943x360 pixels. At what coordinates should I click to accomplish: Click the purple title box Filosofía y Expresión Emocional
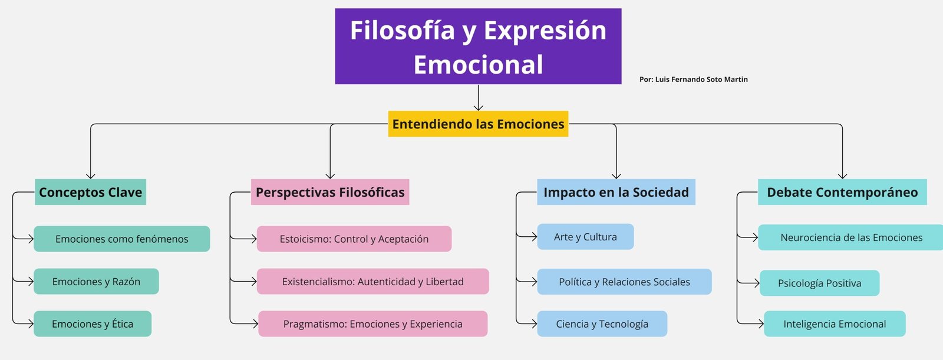coord(478,47)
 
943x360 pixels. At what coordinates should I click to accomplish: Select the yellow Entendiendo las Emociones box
coord(478,124)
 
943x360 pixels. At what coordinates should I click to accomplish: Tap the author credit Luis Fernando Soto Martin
coord(693,79)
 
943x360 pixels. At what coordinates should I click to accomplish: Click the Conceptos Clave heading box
coord(91,192)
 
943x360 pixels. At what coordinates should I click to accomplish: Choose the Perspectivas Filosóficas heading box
coord(330,192)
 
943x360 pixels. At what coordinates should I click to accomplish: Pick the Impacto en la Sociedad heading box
coord(616,192)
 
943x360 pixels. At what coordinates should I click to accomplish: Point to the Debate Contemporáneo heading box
coord(842,192)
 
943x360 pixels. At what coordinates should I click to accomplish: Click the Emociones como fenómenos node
coord(121,239)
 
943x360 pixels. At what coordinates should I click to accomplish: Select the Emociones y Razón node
coord(97,281)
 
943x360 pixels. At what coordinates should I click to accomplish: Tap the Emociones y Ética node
coord(93,324)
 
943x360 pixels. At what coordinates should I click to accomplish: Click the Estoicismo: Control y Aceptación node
coord(354,239)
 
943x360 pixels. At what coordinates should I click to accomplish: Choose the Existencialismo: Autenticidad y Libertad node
coord(373,281)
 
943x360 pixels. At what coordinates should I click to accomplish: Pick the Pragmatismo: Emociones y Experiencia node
coord(373,324)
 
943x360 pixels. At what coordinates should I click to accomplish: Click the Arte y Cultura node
coord(586,237)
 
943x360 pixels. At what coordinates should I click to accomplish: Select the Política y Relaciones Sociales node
coord(624,282)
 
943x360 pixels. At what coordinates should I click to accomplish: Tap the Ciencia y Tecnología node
coord(602,324)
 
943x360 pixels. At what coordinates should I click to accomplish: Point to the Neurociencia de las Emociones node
coord(850,237)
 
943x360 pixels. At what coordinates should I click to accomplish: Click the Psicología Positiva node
coord(820,283)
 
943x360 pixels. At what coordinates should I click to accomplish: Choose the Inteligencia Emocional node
coord(835,324)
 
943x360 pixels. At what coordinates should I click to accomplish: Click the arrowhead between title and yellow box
coord(478,107)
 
